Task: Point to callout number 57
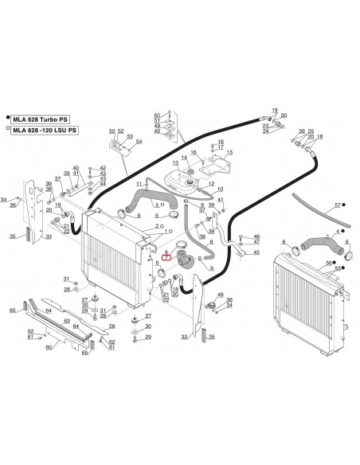(337, 205)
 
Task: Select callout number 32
(185, 338)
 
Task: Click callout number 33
(48, 236)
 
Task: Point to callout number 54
(139, 142)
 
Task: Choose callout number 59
(112, 326)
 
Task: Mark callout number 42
(104, 168)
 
